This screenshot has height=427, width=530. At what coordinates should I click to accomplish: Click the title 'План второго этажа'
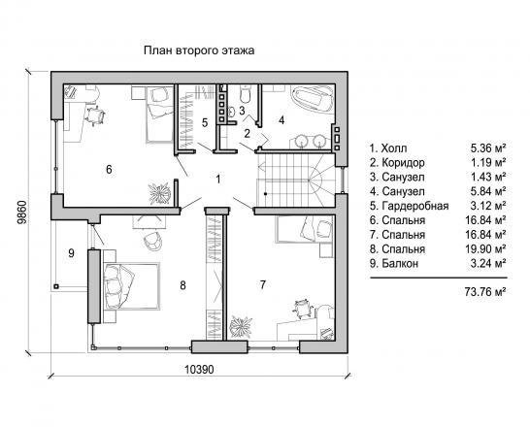(x=199, y=50)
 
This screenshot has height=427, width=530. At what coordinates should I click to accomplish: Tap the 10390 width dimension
(x=199, y=369)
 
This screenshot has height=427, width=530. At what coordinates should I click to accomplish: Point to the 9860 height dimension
(x=21, y=213)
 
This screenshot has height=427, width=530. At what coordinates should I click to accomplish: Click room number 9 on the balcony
(x=71, y=253)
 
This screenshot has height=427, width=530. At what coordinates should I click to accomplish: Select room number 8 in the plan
(x=182, y=285)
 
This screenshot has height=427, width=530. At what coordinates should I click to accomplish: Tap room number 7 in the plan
(x=263, y=284)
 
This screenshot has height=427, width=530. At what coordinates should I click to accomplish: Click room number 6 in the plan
(x=109, y=169)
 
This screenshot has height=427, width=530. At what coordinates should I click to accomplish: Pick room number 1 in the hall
(x=218, y=179)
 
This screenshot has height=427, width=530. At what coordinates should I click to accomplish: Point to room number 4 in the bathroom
(x=282, y=120)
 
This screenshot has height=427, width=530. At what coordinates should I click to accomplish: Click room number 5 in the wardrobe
(x=205, y=122)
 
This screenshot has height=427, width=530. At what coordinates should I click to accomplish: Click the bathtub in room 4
(x=312, y=98)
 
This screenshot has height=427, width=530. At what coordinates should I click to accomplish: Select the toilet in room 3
(x=245, y=94)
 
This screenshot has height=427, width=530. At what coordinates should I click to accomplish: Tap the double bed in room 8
(x=131, y=286)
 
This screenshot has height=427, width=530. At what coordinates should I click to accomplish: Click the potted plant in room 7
(x=241, y=327)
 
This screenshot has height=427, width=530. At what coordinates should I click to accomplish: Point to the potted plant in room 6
(x=159, y=193)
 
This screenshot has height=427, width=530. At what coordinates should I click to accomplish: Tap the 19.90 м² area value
(x=485, y=249)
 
